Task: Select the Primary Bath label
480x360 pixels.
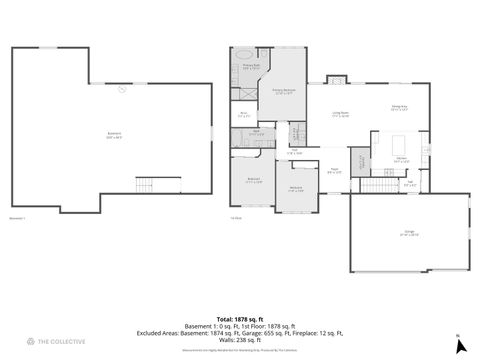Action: point(251,66)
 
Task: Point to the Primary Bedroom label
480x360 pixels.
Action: point(284,92)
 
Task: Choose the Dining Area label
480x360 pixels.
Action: point(398,108)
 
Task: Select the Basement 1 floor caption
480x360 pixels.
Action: point(17,216)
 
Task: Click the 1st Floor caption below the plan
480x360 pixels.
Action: point(237,216)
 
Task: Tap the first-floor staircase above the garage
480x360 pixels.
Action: point(378,185)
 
